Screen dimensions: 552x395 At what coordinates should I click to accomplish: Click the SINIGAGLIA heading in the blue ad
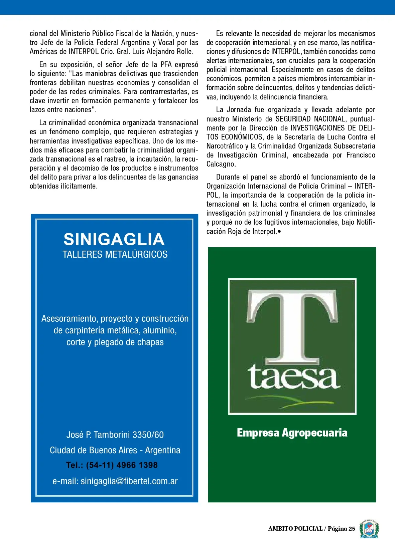coord(114,239)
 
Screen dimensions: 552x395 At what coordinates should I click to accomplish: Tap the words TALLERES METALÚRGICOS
coord(115,255)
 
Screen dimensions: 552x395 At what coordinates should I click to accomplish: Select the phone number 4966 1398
coord(137,465)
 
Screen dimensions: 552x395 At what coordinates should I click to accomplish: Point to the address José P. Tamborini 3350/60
coord(115,435)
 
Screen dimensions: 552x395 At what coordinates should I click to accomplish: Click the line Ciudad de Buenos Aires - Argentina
coord(115,451)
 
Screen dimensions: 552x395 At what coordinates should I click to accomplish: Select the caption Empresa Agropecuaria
coord(292,433)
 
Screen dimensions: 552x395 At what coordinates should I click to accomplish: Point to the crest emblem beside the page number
coord(369,529)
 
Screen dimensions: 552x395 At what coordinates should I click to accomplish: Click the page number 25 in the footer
coord(352,529)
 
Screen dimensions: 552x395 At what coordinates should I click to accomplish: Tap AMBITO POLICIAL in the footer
coord(295,529)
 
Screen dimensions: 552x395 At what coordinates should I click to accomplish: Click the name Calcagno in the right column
coord(221,164)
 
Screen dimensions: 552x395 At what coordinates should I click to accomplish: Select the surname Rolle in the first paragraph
coord(185,52)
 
